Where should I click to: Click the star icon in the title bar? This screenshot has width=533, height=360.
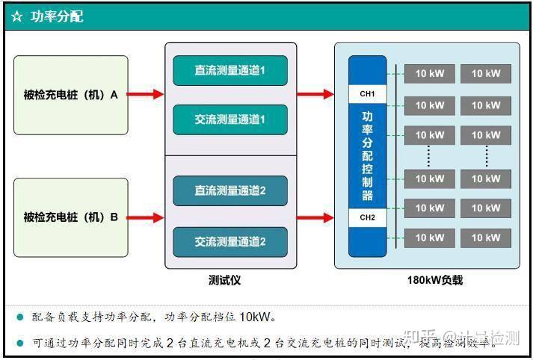(16, 16)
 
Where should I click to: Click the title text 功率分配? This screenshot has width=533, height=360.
(57, 16)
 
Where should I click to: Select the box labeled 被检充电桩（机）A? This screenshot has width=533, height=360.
(71, 95)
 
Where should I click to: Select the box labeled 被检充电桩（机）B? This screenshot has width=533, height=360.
(71, 217)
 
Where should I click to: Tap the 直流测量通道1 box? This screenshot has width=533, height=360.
(230, 70)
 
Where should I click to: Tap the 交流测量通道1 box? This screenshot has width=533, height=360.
(230, 120)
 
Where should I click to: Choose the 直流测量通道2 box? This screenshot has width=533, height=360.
(230, 190)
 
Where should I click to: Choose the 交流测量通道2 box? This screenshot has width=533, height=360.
(230, 241)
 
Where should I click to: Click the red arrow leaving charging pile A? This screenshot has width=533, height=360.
(146, 94)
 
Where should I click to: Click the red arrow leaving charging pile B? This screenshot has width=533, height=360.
(146, 217)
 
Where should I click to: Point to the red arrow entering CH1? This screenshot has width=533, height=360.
(315, 94)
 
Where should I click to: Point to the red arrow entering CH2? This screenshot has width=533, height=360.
(315, 217)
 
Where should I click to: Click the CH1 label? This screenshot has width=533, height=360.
(368, 94)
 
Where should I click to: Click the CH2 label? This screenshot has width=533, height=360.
(368, 217)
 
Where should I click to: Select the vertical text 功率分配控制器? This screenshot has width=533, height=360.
(368, 155)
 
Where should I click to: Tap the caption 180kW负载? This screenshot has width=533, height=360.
(434, 280)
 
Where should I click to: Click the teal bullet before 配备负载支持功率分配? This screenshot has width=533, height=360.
(20, 317)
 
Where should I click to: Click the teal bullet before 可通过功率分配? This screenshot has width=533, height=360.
(20, 342)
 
